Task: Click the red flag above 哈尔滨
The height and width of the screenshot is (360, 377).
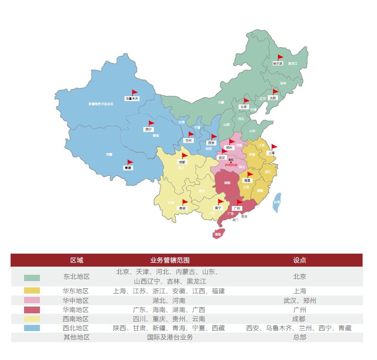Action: pyautogui.click(x=280, y=57)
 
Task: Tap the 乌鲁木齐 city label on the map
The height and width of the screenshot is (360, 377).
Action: pyautogui.click(x=132, y=98)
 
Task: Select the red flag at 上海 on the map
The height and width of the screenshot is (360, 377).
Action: pyautogui.click(x=274, y=147)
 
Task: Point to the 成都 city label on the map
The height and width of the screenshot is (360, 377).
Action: pyautogui.click(x=181, y=162)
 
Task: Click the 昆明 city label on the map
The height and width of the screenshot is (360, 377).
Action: pyautogui.click(x=182, y=208)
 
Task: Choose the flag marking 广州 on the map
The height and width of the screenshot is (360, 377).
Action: pyautogui.click(x=239, y=202)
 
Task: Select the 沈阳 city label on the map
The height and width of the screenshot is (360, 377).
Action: pyautogui.click(x=273, y=98)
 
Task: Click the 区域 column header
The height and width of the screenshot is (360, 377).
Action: pyautogui.click(x=77, y=260)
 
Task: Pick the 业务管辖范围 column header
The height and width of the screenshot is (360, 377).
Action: pyautogui.click(x=166, y=260)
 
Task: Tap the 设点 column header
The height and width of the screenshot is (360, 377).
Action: pyautogui.click(x=300, y=260)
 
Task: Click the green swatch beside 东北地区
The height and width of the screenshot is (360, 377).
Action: pyautogui.click(x=32, y=278)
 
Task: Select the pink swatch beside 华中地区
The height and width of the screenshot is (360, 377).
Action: pyautogui.click(x=32, y=300)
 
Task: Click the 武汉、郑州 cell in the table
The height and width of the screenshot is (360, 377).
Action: pyautogui.click(x=300, y=300)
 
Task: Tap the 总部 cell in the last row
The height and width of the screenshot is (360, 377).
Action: pyautogui.click(x=300, y=337)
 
